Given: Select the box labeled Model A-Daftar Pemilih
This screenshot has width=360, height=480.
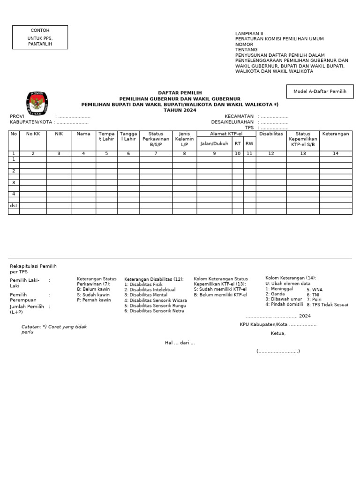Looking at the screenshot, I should (x=320, y=92).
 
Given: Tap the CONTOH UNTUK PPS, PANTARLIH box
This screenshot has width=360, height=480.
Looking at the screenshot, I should (x=40, y=37).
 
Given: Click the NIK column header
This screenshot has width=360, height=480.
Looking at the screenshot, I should (x=59, y=134).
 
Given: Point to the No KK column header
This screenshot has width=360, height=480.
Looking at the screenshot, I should (x=33, y=134).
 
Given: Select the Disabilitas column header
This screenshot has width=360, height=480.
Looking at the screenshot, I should (x=271, y=134).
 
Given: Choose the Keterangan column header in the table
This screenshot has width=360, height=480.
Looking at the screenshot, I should (x=336, y=134).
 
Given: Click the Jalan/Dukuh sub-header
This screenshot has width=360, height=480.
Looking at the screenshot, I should (x=214, y=144).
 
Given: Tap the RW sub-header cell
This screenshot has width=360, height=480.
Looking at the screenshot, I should (x=249, y=144).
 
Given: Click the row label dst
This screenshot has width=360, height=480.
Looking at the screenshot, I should (x=14, y=205).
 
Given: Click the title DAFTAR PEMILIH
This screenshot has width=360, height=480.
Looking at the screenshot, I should (x=180, y=93).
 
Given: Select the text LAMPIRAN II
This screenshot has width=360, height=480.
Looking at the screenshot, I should (x=249, y=34).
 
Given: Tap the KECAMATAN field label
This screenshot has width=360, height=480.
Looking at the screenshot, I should (x=239, y=116).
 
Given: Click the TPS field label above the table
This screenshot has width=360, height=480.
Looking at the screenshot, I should (x=249, y=127).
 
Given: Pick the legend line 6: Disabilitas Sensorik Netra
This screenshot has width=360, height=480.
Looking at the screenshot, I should (x=155, y=311).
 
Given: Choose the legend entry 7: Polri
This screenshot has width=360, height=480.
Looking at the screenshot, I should (x=315, y=299).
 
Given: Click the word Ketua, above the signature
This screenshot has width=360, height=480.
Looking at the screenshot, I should (x=278, y=334).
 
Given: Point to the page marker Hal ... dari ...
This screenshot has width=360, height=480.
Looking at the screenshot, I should (x=180, y=343).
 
